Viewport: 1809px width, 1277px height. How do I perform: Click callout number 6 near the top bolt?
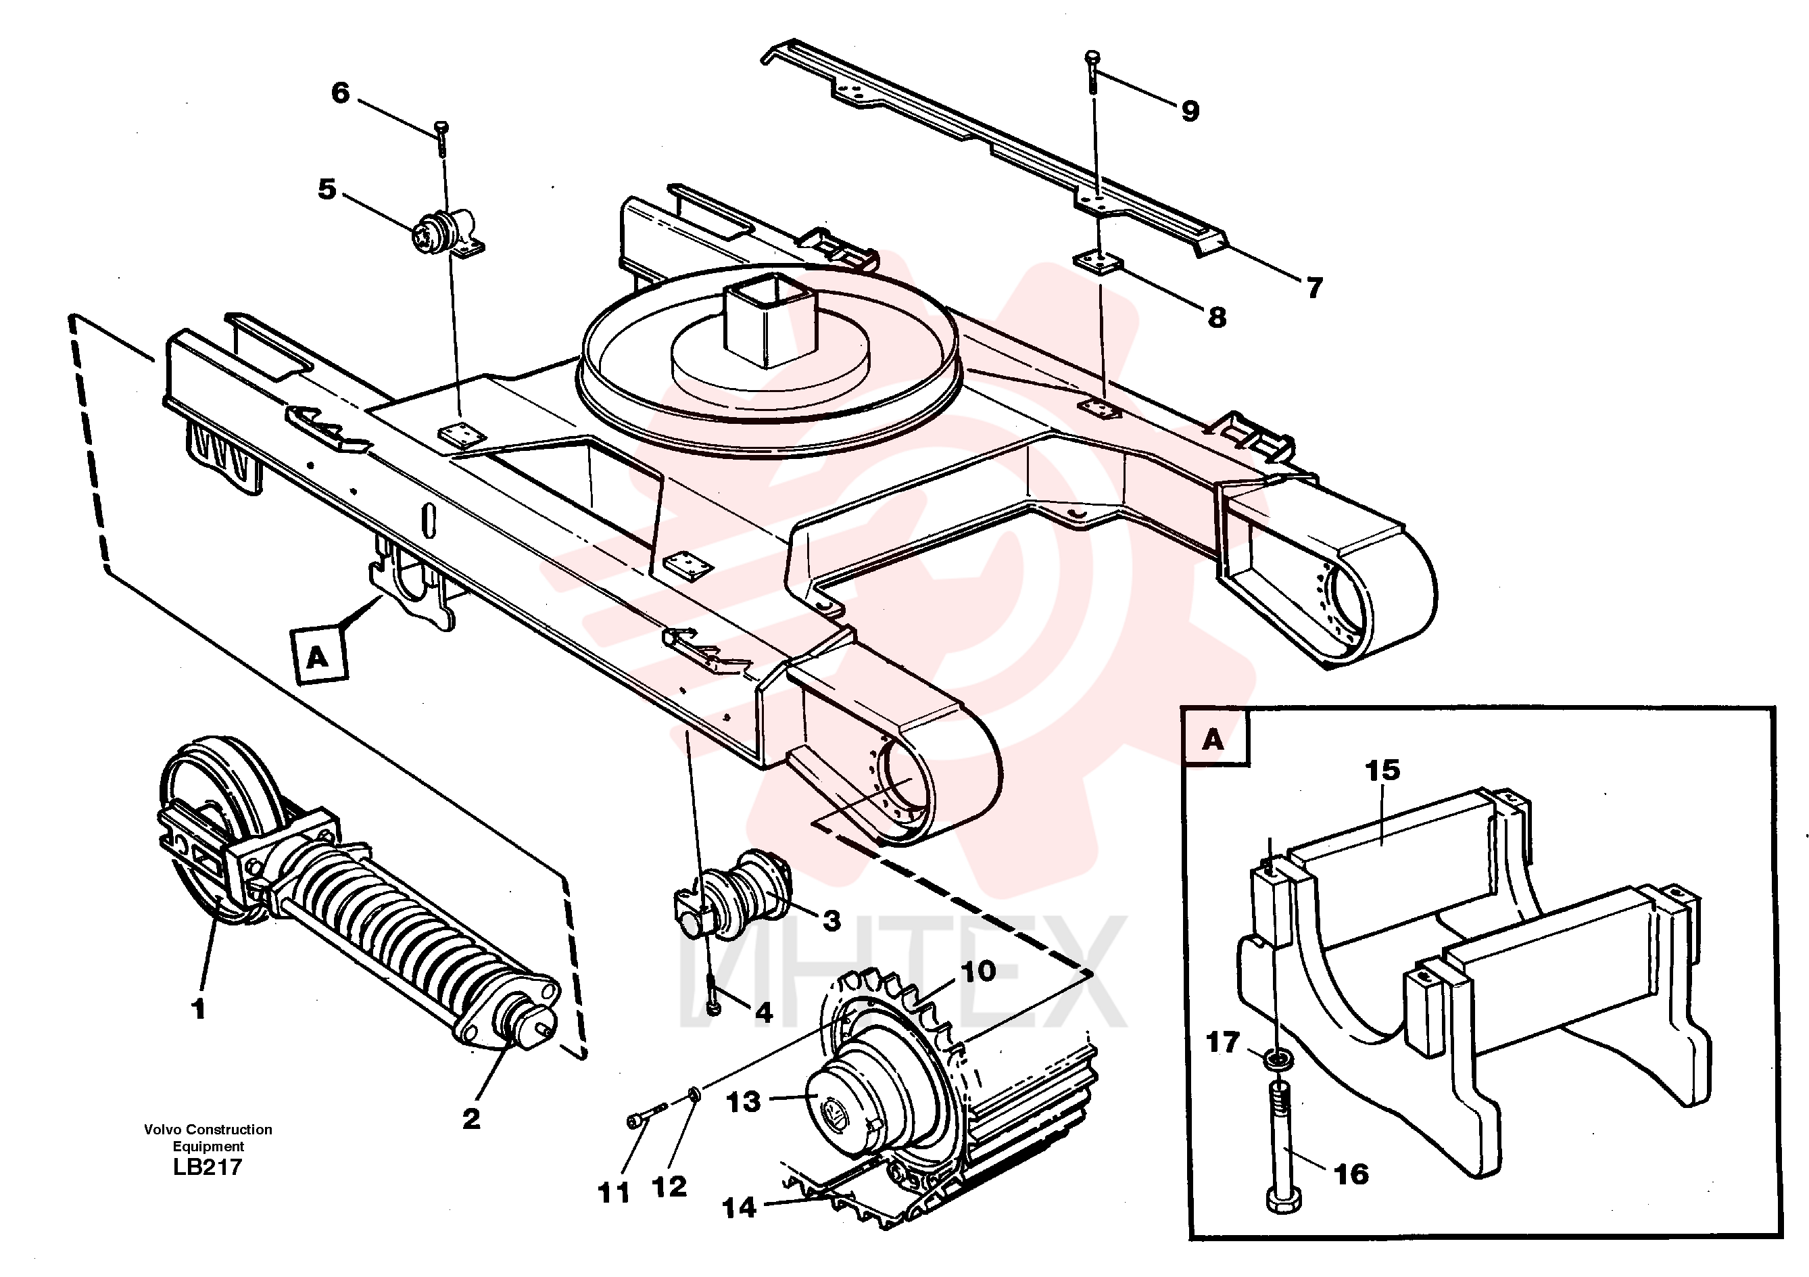(x=339, y=93)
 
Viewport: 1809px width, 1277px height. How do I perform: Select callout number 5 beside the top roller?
(x=327, y=189)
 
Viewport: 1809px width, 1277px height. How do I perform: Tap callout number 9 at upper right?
(x=1190, y=111)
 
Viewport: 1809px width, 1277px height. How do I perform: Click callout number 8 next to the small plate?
(x=1217, y=318)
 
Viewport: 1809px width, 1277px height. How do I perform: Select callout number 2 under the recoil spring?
(x=471, y=1119)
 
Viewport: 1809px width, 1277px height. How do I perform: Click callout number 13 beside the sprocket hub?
(x=743, y=1102)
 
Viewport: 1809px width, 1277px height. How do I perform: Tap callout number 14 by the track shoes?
(x=738, y=1207)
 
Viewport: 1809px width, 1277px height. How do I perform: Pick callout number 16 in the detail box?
(x=1352, y=1175)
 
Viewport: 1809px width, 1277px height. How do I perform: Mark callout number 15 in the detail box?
(x=1382, y=770)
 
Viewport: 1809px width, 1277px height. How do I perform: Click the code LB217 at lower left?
(x=208, y=1167)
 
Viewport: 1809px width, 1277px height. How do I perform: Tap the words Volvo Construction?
(x=208, y=1130)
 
